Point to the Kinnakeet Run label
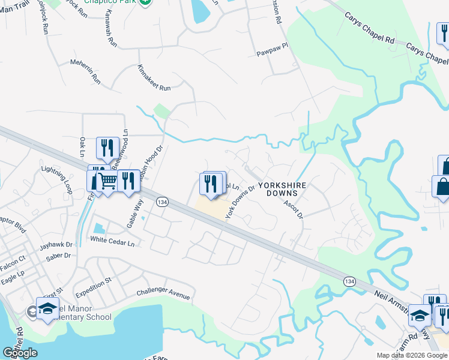point(154,79)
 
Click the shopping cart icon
point(108,181)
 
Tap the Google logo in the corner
point(20,353)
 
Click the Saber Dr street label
point(58,256)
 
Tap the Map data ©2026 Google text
point(411,355)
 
